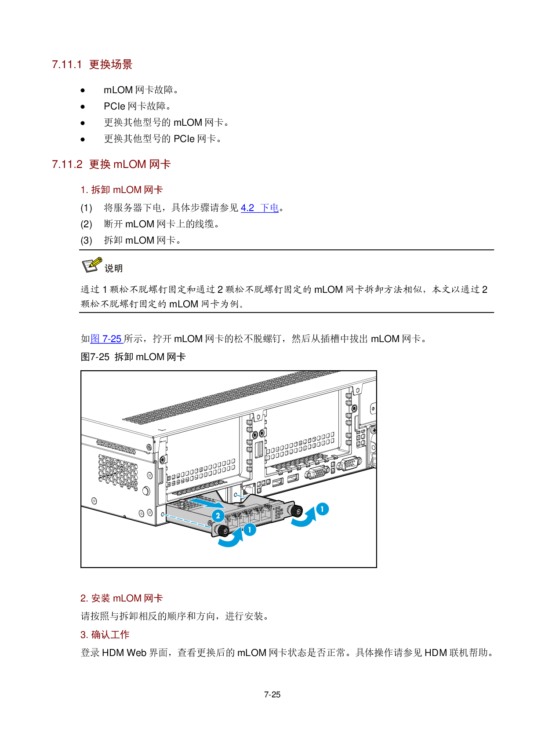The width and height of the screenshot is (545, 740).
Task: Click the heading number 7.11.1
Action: pos(67,65)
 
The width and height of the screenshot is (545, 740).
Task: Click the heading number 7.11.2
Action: pos(67,164)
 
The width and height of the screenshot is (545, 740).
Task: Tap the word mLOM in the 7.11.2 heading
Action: pos(130,164)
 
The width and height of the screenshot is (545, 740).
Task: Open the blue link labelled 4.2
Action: pos(247,208)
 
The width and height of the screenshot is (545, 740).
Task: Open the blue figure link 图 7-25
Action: pos(106,339)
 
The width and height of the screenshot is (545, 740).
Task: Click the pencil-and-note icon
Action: pos(92,265)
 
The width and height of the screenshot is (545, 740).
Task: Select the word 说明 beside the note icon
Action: pos(113,268)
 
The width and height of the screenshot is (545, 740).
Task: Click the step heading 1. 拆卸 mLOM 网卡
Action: pos(122,190)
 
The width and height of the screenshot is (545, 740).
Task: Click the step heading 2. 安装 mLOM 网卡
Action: pos(122,598)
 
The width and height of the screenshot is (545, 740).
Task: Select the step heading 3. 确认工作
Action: pos(105,635)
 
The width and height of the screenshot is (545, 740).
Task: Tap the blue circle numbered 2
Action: pos(218,516)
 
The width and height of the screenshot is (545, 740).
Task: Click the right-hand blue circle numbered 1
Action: pos(322,509)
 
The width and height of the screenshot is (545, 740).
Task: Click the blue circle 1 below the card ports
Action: pos(250,530)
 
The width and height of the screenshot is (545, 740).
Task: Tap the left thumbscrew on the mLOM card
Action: pos(222,530)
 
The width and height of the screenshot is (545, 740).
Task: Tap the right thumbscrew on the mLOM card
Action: pos(297,510)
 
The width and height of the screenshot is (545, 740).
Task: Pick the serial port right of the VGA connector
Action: pos(349,463)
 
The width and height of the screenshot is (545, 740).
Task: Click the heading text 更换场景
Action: pos(111,65)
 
